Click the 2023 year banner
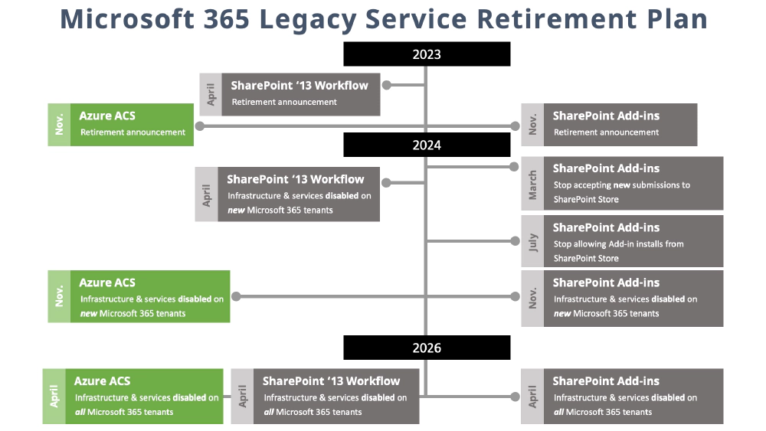click(427, 54)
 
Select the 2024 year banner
click(427, 145)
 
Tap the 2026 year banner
click(427, 348)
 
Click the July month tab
click(532, 241)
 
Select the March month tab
click(532, 184)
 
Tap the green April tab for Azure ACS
click(54, 397)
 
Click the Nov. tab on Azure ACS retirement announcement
click(59, 125)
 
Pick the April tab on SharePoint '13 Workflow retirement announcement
click(211, 95)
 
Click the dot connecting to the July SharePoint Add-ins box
click(515, 241)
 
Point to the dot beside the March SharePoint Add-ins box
click(515, 166)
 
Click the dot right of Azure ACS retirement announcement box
click(200, 126)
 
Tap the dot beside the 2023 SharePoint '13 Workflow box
click(387, 85)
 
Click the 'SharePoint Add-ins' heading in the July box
click(605, 227)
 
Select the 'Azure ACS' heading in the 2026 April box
click(102, 380)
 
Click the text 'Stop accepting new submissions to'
click(621, 184)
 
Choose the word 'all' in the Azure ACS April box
click(80, 412)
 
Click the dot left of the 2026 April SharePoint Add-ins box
click(515, 397)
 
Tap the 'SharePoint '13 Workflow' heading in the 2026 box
click(331, 380)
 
